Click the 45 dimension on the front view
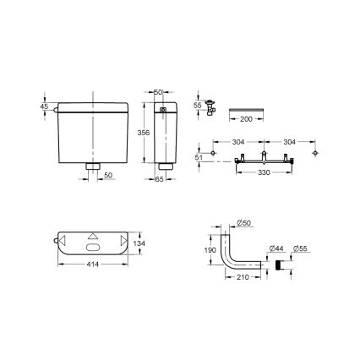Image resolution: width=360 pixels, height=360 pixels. [43, 106]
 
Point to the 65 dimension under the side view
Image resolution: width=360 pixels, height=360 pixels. [161, 178]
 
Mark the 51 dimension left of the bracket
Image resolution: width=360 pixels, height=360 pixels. [200, 155]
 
